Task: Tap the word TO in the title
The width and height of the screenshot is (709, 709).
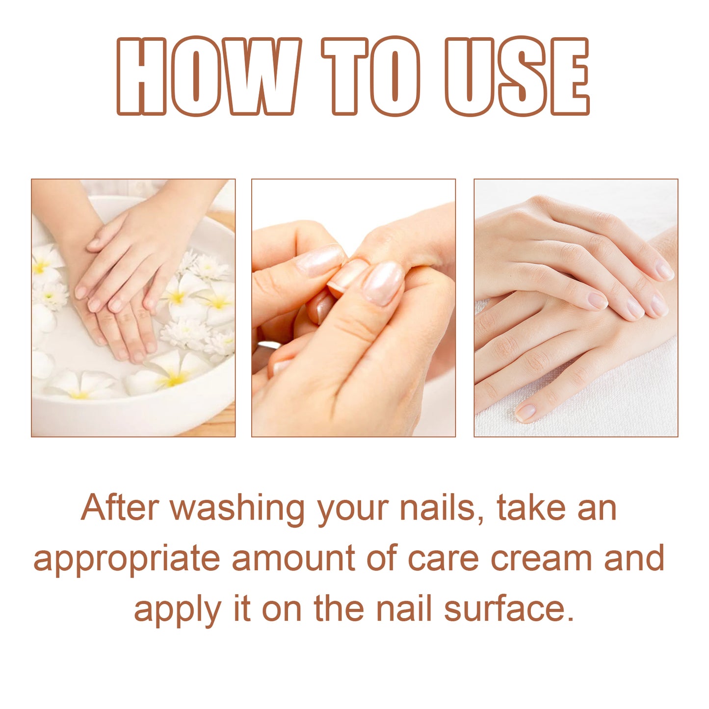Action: tap(371, 77)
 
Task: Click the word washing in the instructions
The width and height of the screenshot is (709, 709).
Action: tap(238, 508)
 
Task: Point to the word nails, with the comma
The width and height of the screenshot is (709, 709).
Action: tap(438, 508)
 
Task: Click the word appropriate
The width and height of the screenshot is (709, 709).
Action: tap(127, 559)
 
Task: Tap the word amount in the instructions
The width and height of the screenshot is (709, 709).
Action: tap(293, 558)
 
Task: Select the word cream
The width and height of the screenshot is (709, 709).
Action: tap(541, 558)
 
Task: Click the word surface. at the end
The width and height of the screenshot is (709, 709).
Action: tap(508, 609)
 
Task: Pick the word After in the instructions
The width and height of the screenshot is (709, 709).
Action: tap(120, 508)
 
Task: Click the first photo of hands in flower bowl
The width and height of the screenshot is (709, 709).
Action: tap(133, 308)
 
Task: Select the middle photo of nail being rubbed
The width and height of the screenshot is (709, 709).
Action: tap(353, 308)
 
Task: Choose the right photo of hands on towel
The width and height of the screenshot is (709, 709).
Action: tap(576, 308)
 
